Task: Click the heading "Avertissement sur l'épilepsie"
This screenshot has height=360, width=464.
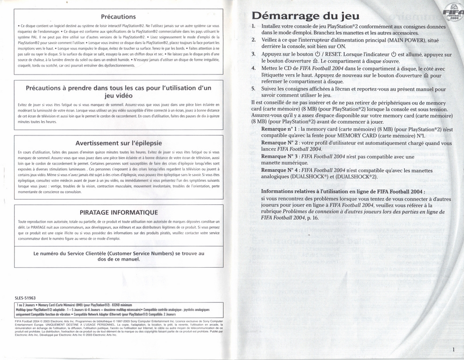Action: [118, 143]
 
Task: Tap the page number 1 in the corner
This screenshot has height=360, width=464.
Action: [454, 349]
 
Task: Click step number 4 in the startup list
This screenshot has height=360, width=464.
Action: [253, 68]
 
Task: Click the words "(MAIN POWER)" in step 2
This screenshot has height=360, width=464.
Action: [403, 40]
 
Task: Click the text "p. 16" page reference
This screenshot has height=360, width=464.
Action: [312, 217]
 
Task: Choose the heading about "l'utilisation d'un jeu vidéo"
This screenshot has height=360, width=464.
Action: [118, 91]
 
